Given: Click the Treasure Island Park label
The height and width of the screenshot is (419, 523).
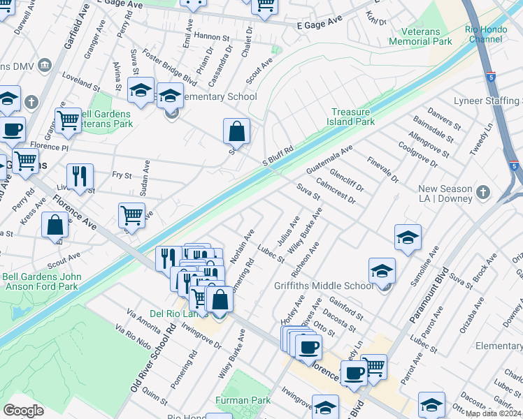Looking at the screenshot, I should [x=353, y=117].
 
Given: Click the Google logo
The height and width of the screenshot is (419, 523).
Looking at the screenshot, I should [x=23, y=411].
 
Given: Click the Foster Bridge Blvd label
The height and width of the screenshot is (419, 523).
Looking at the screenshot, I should [x=169, y=66].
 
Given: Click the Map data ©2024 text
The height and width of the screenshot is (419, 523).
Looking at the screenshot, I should [x=494, y=413].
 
